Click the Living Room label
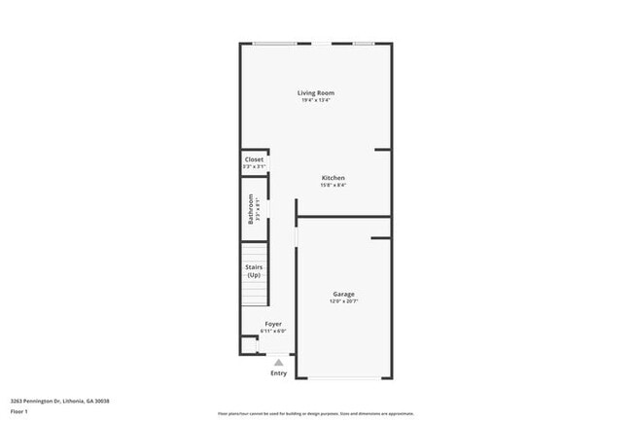click(x=317, y=93)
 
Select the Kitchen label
click(x=334, y=178)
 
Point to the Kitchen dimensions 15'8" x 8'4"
click(x=334, y=186)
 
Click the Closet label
click(x=254, y=159)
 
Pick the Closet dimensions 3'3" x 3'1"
click(x=254, y=167)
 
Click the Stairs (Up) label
click(x=254, y=270)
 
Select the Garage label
click(x=343, y=294)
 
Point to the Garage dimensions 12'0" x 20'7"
click(x=343, y=301)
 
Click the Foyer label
click(x=273, y=323)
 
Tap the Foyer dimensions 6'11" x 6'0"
click(x=273, y=331)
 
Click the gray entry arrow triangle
click(x=279, y=362)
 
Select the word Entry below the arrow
click(x=279, y=372)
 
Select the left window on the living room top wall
click(x=275, y=44)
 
